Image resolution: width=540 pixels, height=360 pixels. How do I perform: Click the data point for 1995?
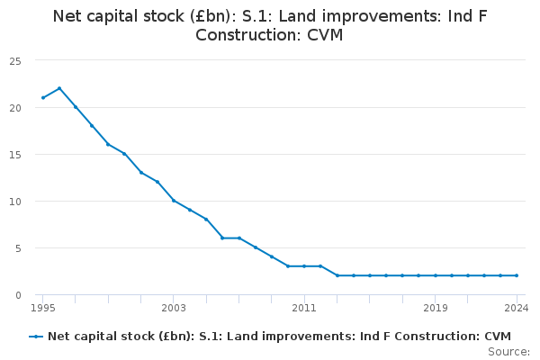pos(43,98)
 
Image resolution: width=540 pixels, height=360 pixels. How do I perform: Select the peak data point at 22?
pos(59,88)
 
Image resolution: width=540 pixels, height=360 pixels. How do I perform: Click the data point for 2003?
pos(174,201)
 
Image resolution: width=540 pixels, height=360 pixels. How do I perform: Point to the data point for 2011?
pos(304,266)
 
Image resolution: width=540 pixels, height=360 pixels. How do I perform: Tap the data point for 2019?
pos(436,275)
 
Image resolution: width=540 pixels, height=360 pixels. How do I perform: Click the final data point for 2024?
pos(517,275)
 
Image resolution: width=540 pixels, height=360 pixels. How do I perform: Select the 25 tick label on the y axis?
pos(15,62)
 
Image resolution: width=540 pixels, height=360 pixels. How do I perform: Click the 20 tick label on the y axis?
pos(15,108)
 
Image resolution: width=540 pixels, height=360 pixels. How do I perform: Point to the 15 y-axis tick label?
pos(15,155)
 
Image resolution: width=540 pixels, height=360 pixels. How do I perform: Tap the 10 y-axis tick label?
pos(15,202)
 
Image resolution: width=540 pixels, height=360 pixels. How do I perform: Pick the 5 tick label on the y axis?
pos(18,248)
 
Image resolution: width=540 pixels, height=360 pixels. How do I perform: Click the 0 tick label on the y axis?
pos(18,295)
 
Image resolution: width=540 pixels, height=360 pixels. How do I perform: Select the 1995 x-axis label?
pos(43,308)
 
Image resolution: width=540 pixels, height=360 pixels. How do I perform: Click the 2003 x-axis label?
pos(174,308)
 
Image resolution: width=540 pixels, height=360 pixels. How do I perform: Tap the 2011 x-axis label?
pos(304,308)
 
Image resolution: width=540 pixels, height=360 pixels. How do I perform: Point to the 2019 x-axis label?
pos(436,308)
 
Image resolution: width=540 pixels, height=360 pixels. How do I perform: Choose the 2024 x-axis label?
pos(517,308)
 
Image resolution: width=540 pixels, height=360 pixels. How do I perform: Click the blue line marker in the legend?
pos(36,337)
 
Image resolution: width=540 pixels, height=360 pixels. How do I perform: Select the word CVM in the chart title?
pos(325,35)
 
